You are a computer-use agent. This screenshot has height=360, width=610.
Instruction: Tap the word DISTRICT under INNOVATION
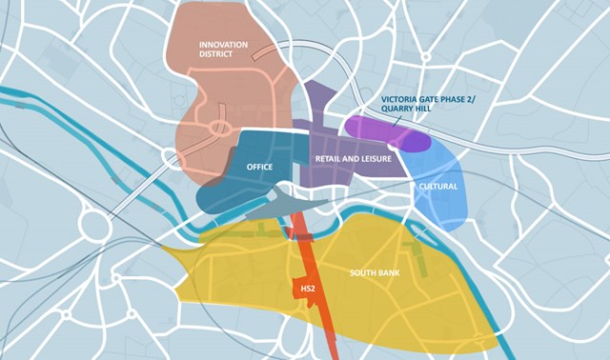pos(220,56)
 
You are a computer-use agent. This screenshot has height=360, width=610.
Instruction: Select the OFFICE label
pos(259,167)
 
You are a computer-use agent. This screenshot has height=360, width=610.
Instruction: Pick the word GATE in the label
pos(436,98)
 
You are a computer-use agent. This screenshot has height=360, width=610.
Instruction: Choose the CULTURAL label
pos(437,186)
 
